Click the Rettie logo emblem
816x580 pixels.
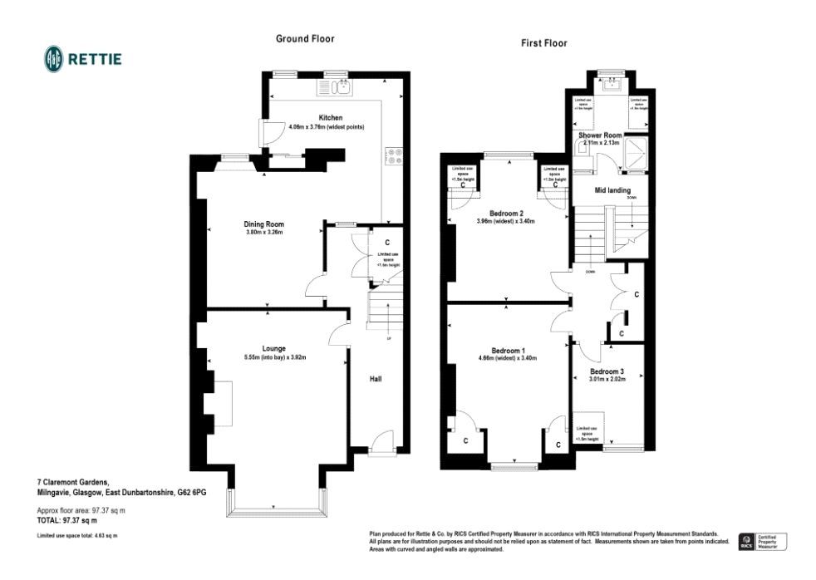[54, 58]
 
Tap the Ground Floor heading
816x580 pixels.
[305, 39]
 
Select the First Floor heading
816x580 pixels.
[543, 43]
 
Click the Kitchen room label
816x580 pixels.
[330, 118]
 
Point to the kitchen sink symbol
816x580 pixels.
[337, 87]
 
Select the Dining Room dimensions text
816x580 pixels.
[264, 232]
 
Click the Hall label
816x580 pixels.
[376, 379]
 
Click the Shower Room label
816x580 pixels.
[600, 135]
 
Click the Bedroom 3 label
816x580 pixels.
[607, 371]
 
